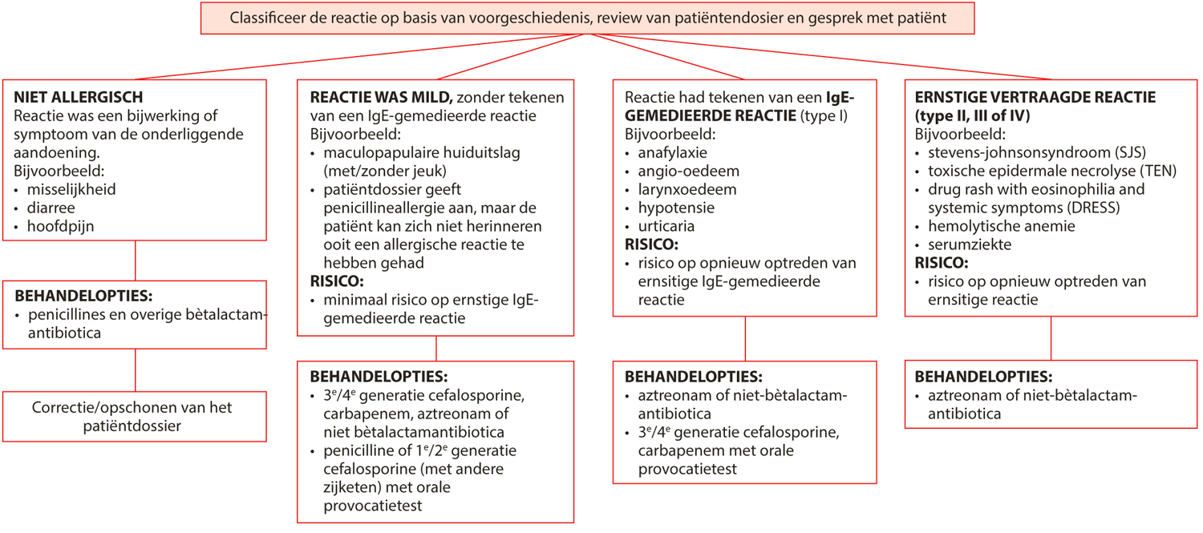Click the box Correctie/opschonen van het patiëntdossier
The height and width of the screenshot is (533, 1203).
[x=134, y=417]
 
